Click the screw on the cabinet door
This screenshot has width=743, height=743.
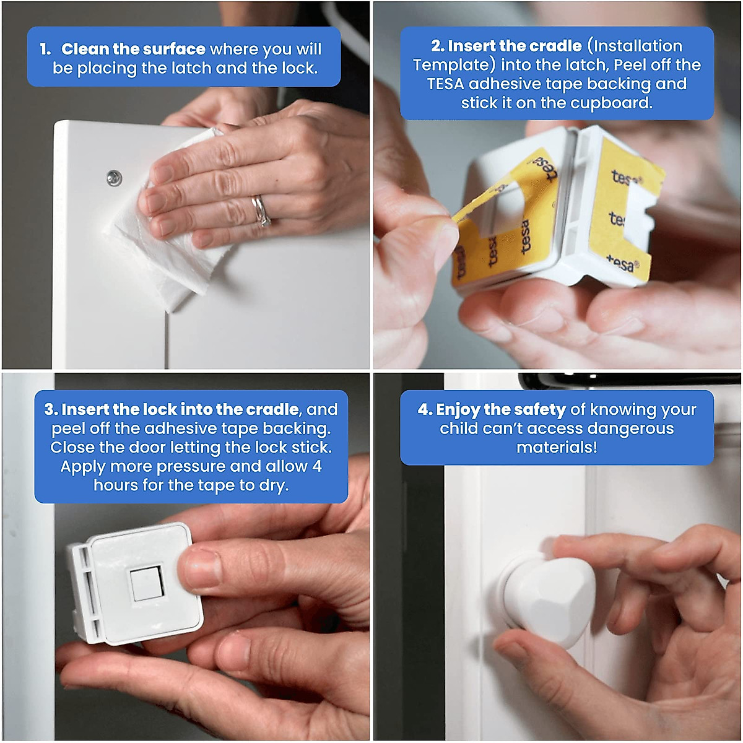pyautogui.click(x=113, y=178)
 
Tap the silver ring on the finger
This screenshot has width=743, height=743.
pyautogui.click(x=261, y=211)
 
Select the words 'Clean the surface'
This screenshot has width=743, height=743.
pyautogui.click(x=133, y=49)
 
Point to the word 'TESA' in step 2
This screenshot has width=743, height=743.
pyautogui.click(x=445, y=84)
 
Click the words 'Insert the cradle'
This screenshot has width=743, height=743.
pyautogui.click(x=515, y=46)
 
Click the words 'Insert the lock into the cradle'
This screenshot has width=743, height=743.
pyautogui.click(x=180, y=409)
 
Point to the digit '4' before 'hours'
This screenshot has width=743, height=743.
pyautogui.click(x=317, y=466)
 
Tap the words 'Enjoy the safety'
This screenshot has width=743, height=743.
pyautogui.click(x=501, y=409)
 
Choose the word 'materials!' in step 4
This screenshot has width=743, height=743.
pyautogui.click(x=557, y=448)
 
